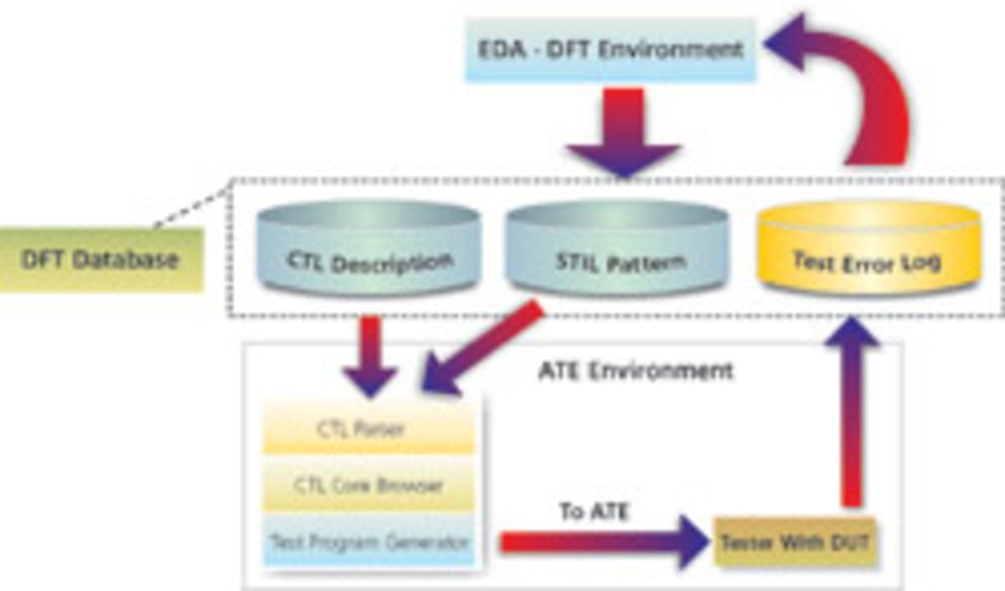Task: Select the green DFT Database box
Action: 100,260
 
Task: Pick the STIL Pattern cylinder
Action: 618,251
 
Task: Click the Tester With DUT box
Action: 793,542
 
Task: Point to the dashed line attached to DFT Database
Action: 191,205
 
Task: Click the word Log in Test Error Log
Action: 920,261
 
